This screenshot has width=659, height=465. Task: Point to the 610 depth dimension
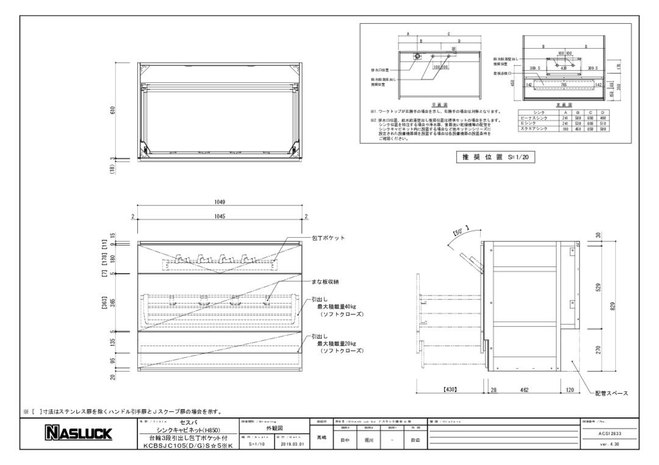[113, 110]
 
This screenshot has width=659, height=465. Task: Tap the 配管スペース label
[611, 394]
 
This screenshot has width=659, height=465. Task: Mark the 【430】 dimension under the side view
[449, 388]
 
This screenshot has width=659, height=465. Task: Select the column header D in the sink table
[603, 113]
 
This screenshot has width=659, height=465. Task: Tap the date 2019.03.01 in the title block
[293, 445]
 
